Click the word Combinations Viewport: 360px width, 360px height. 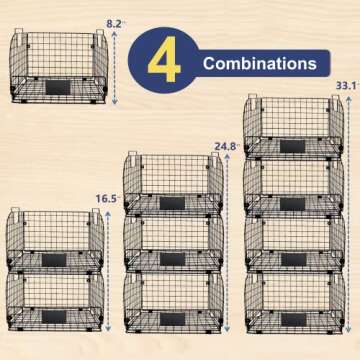pyautogui.click(x=259, y=64)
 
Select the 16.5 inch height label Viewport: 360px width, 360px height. pyautogui.click(x=106, y=199)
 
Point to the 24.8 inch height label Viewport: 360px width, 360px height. pyautogui.click(x=225, y=146)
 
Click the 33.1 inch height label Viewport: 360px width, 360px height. pyautogui.click(x=346, y=87)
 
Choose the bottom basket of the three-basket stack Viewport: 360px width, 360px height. pyautogui.click(x=172, y=302)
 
